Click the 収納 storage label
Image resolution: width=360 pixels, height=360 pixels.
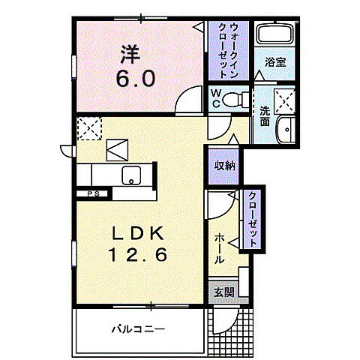225,166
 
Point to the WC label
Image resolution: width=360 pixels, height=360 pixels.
216,98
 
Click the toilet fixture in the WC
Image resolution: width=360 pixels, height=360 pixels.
236,97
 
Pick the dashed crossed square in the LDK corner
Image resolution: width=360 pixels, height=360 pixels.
89,127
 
